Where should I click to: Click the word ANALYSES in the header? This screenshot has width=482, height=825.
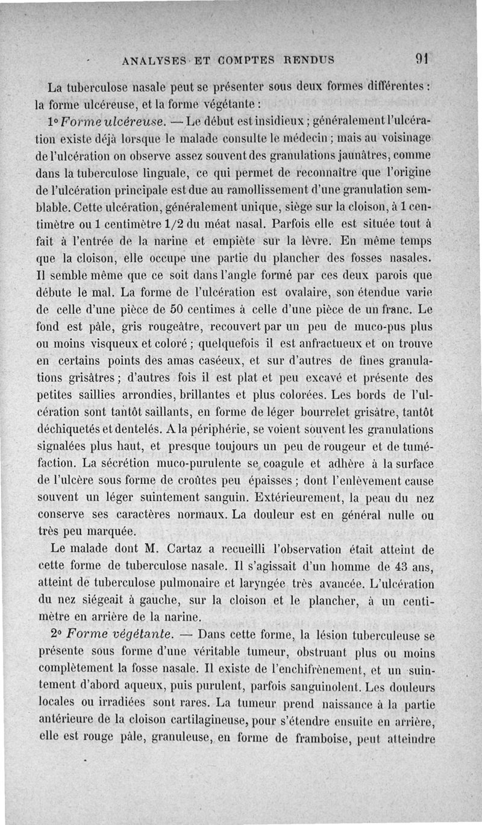(x=153, y=60)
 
